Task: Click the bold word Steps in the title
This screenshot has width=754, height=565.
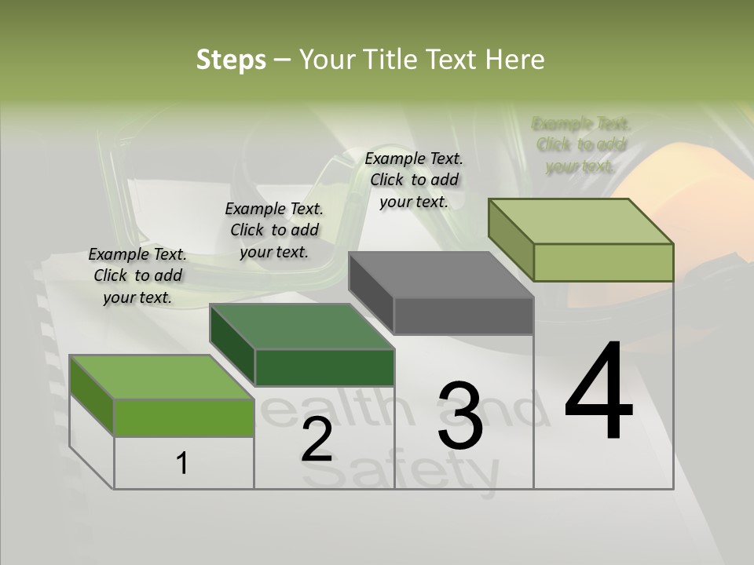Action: point(231,60)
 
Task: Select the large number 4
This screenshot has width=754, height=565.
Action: point(598,392)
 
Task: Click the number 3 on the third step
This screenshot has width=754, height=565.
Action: point(460,416)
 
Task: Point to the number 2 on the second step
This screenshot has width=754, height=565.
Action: point(317,439)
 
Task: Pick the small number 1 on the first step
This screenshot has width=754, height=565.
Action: point(182,463)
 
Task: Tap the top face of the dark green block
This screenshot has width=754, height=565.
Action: point(302,326)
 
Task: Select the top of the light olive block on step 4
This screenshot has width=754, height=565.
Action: point(581,221)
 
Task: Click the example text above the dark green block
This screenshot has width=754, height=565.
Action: point(274,230)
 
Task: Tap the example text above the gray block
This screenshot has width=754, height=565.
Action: point(414,180)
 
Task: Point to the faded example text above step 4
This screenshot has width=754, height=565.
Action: point(581,144)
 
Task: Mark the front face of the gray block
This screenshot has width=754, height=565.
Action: point(463,316)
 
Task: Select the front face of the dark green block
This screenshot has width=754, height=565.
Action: point(324,367)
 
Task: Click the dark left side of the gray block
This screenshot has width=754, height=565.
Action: point(371,293)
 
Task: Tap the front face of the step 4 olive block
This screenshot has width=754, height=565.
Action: point(603,262)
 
